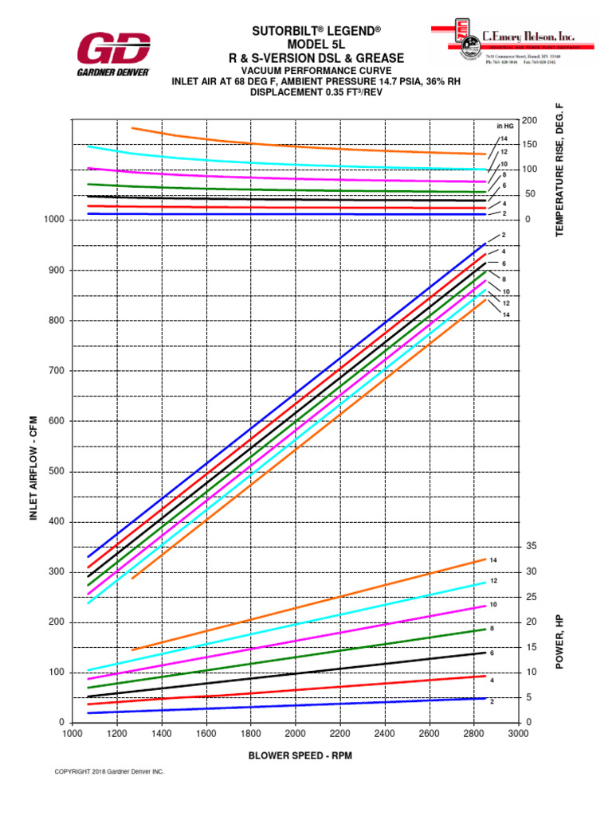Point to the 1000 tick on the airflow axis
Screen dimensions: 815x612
(55, 220)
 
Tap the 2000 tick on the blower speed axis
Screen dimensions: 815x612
(296, 734)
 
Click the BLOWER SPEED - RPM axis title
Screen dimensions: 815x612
(295, 755)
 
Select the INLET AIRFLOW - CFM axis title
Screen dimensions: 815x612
(34, 471)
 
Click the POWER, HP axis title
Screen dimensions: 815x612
(559, 641)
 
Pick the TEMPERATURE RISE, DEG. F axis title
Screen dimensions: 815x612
(559, 170)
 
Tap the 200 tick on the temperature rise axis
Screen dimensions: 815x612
(530, 119)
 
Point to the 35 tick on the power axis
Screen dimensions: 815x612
(530, 547)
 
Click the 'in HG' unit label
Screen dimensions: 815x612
(504, 126)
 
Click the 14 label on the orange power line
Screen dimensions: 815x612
(494, 561)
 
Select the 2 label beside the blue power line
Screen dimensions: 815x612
(492, 701)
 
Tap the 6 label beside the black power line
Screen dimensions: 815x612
(492, 653)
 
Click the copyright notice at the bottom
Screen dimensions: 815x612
(109, 771)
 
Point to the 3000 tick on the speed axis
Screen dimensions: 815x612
(518, 734)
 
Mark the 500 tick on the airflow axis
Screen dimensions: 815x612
(55, 471)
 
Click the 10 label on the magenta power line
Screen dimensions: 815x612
(493, 605)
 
